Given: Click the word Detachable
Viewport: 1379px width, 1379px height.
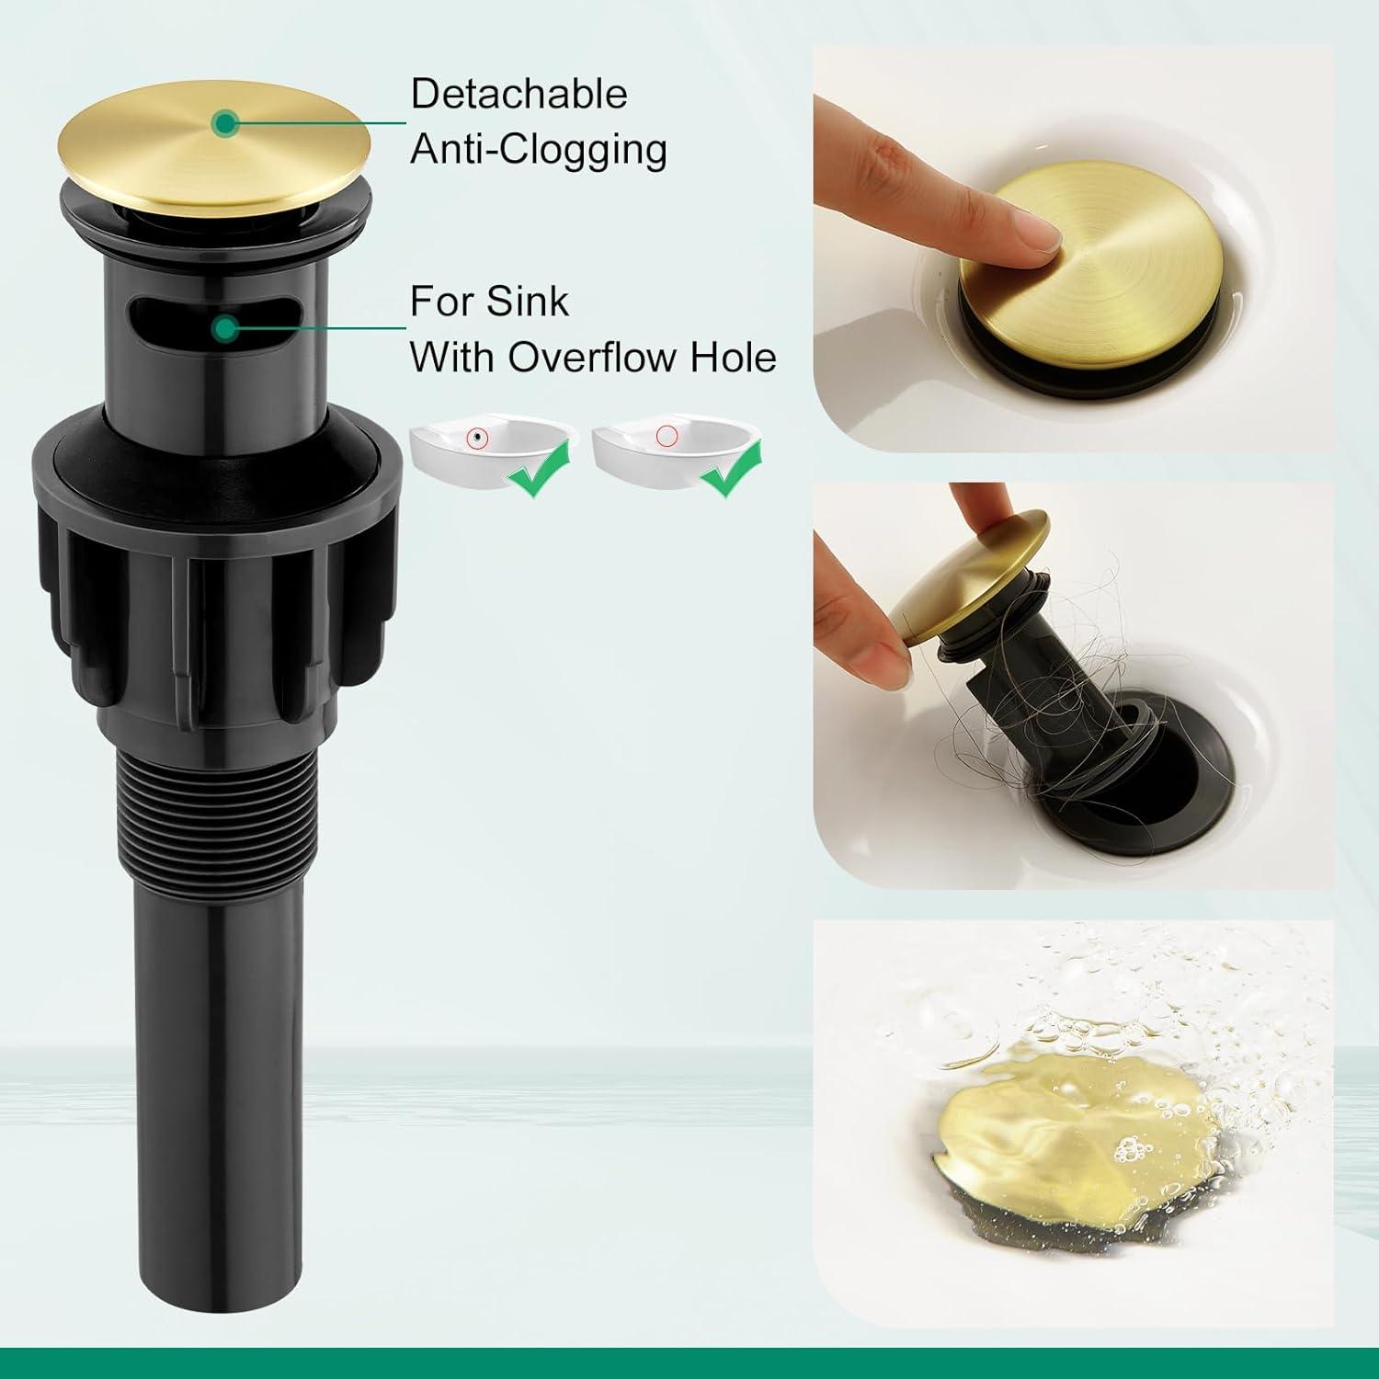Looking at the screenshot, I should pyautogui.click(x=519, y=95).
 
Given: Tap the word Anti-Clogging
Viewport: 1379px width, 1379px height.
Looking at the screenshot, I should pyautogui.click(x=538, y=150).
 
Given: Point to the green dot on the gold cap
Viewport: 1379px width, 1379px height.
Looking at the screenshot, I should pyautogui.click(x=223, y=122).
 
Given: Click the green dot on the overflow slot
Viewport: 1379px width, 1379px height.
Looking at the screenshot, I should pyautogui.click(x=223, y=327).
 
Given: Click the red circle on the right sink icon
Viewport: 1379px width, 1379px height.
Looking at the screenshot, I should pyautogui.click(x=667, y=435).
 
